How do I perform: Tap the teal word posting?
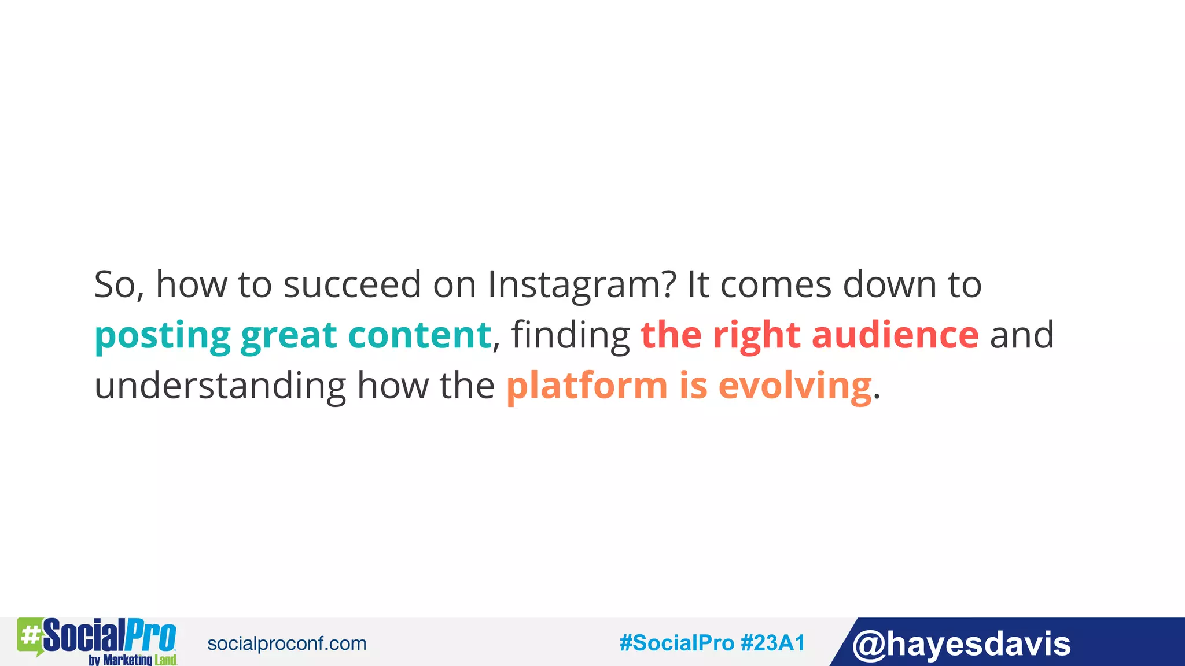[163, 336]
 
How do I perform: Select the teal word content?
[419, 335]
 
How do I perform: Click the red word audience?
[895, 335]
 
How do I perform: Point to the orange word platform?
[587, 386]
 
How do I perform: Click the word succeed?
[352, 285]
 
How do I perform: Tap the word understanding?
[220, 386]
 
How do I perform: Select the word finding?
[571, 336]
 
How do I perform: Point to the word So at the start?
[115, 285]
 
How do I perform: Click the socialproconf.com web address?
[286, 643]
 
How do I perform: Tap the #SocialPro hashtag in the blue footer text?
[676, 643]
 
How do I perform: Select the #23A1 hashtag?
[772, 643]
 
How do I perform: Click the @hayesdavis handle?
[961, 644]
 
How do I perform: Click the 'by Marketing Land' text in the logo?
[133, 660]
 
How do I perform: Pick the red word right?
[757, 336]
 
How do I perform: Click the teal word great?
[289, 336]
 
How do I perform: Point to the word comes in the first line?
[776, 286]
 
